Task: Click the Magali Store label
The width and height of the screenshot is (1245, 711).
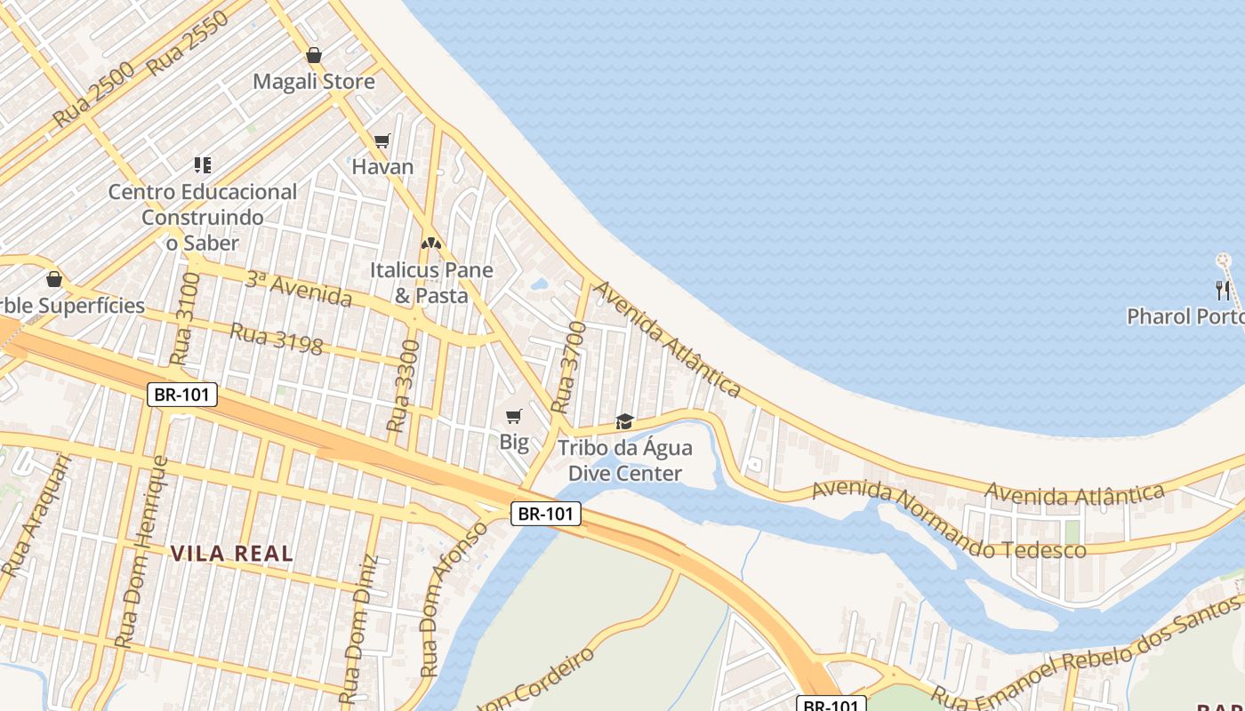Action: (314, 82)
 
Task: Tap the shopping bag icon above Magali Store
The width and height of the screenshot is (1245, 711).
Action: (314, 55)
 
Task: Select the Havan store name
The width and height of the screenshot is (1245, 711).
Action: (382, 166)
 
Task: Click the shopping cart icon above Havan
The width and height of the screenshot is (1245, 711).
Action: (382, 140)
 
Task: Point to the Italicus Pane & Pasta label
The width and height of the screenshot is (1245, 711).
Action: (431, 283)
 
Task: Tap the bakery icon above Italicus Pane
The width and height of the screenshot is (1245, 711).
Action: (431, 243)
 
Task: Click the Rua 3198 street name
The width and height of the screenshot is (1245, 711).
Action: (276, 338)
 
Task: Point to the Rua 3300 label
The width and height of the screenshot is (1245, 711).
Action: (403, 386)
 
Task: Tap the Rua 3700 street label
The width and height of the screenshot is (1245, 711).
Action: (569, 367)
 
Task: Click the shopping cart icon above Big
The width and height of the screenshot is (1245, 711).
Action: (514, 416)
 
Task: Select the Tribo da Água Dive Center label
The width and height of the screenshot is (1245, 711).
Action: (624, 460)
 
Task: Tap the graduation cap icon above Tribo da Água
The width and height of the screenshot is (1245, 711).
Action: (625, 421)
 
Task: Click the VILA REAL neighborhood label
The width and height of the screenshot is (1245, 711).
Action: (231, 554)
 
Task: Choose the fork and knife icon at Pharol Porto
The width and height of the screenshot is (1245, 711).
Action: (1224, 290)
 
